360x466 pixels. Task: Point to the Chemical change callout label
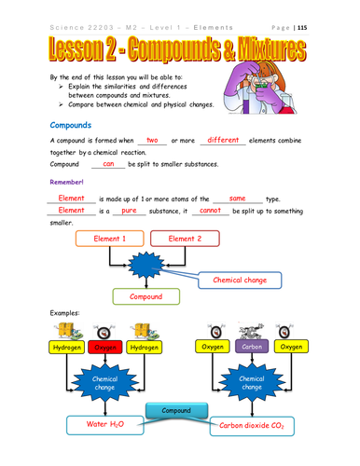pos(240,279)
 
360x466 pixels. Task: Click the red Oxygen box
pos(105,347)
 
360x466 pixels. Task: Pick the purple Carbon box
pos(253,347)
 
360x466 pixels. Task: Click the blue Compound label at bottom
pos(177,410)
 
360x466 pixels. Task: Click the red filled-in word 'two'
pos(153,140)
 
